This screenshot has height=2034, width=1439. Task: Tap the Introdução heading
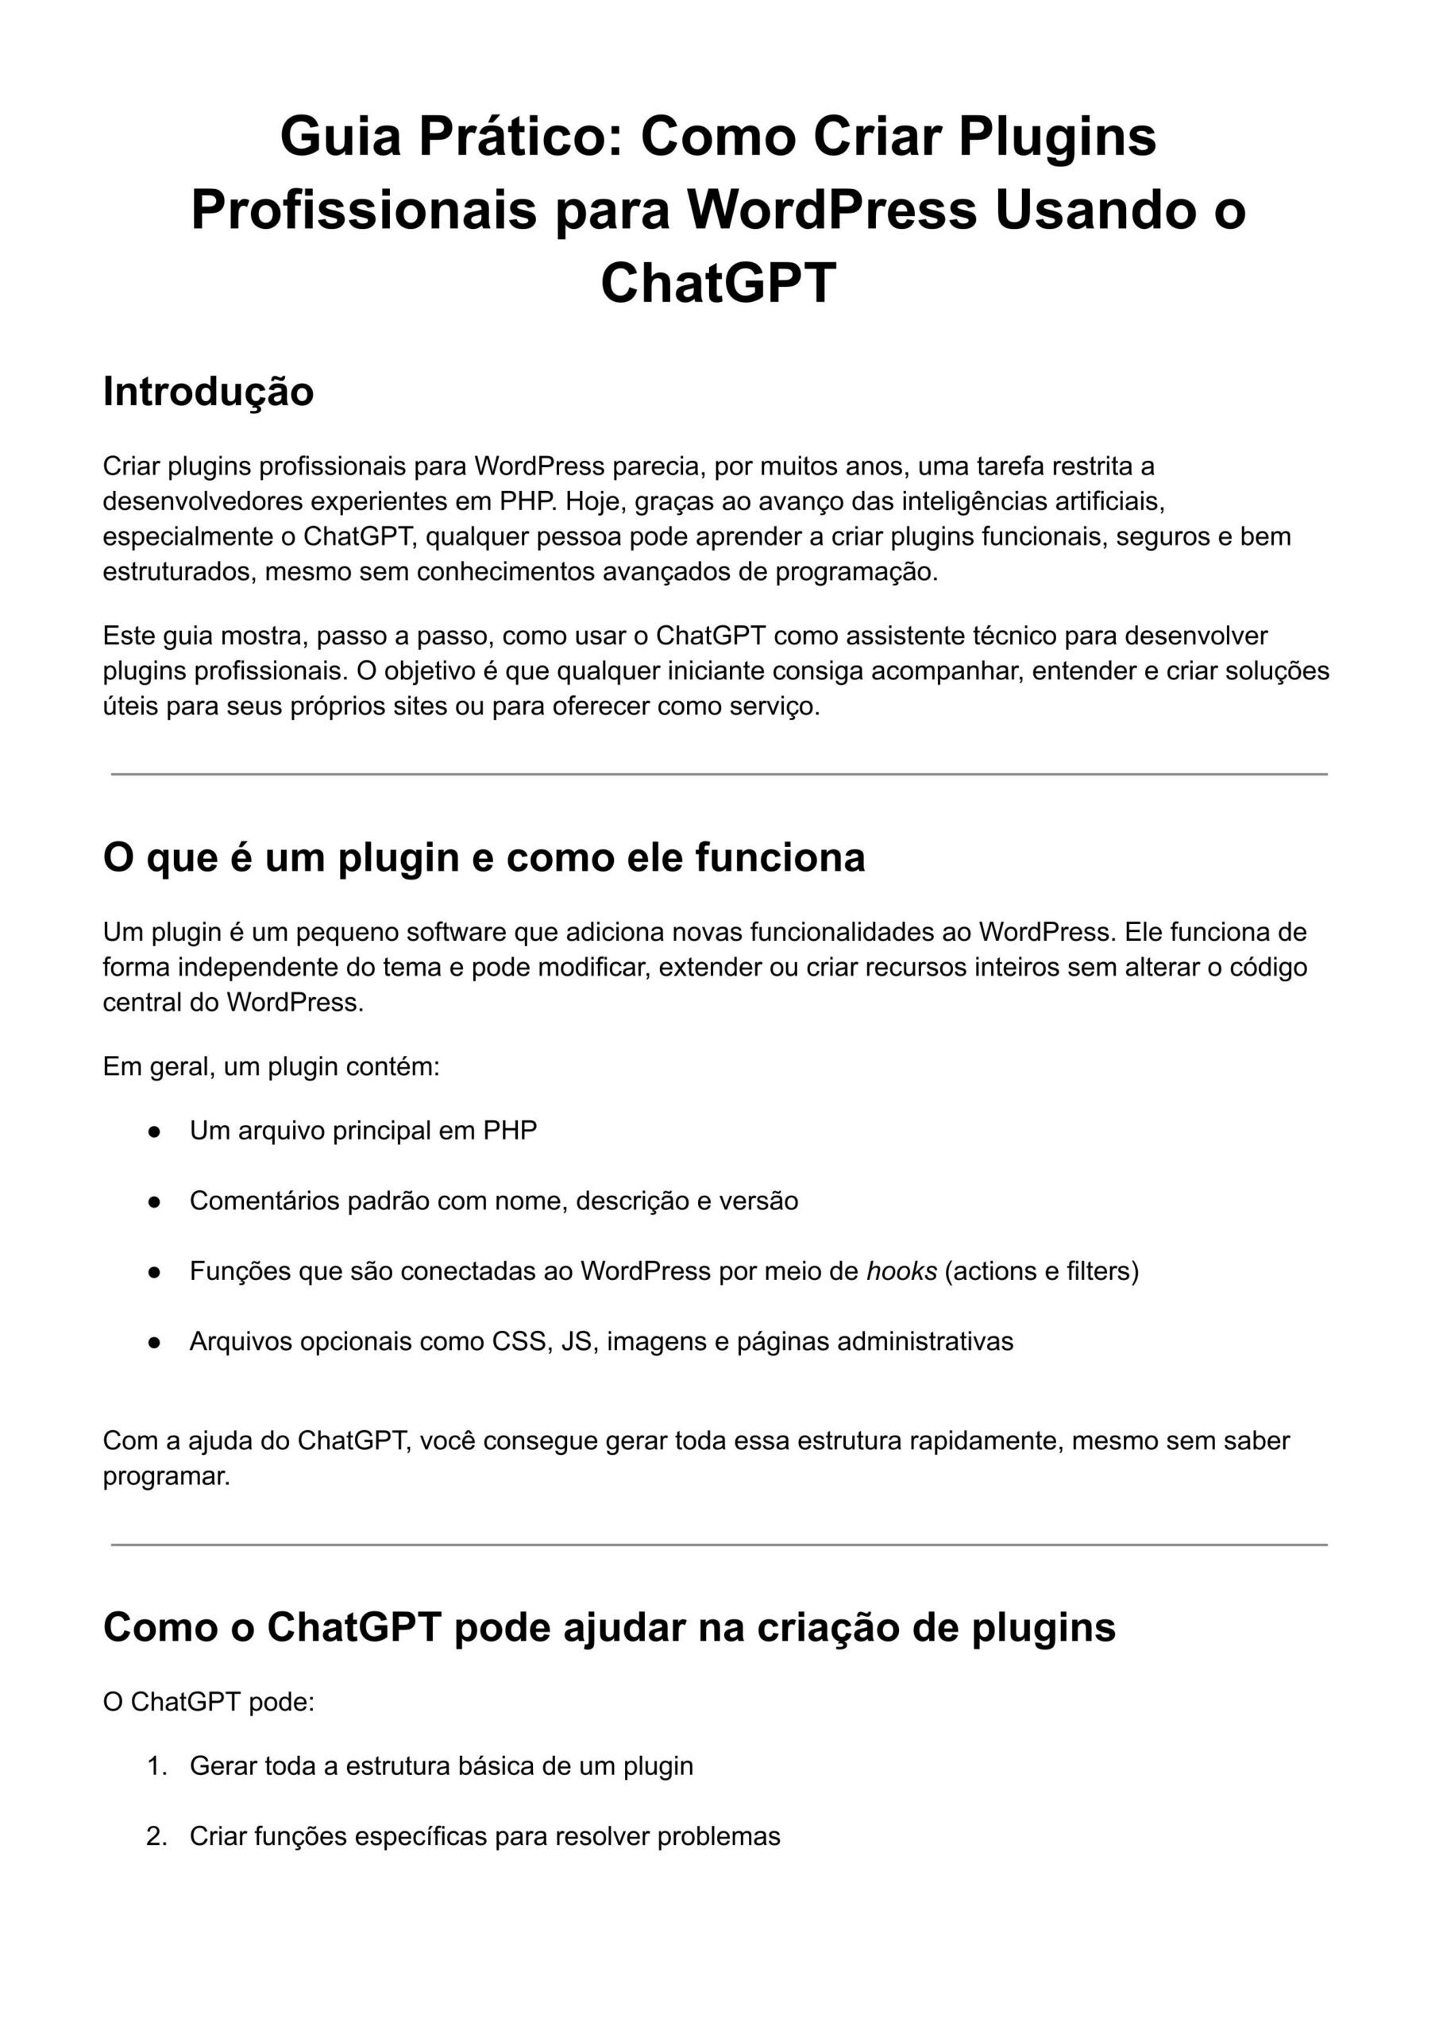(x=208, y=392)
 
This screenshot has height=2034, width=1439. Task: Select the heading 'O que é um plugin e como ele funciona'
(x=484, y=857)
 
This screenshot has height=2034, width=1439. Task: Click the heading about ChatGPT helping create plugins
(x=609, y=1627)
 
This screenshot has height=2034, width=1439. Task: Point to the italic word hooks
(x=901, y=1271)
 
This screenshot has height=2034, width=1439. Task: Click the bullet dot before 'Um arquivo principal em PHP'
(x=154, y=1131)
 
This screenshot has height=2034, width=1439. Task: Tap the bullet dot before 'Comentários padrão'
(x=154, y=1202)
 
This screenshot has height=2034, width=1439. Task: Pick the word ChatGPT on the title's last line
(x=719, y=283)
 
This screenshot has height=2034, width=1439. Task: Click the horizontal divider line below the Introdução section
(x=719, y=774)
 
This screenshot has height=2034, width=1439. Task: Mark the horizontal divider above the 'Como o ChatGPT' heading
(x=719, y=1545)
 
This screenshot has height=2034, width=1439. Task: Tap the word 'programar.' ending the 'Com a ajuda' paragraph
(x=167, y=1476)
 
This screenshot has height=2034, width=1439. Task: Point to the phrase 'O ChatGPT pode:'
(x=209, y=1702)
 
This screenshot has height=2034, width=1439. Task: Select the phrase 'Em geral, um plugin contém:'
(x=271, y=1066)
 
